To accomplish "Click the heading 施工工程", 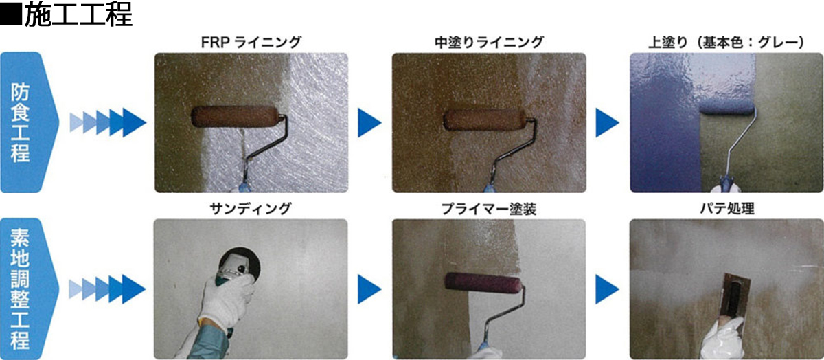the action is [78, 14].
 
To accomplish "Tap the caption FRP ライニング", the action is [251, 43].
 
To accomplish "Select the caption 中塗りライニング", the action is [489, 43].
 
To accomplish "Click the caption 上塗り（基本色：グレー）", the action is [726, 43].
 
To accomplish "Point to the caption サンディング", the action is [251, 209].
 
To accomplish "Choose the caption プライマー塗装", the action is [489, 209].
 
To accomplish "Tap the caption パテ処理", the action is [727, 209].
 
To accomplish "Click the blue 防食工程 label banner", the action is [30, 122].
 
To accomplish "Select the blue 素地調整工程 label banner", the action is [30, 289].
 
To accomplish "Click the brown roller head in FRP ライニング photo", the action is [234, 117].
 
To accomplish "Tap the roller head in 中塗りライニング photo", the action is [485, 120].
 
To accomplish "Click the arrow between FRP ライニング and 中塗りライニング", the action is [369, 122].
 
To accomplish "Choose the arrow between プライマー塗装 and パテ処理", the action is [607, 289].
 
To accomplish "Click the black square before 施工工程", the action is [11, 14].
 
